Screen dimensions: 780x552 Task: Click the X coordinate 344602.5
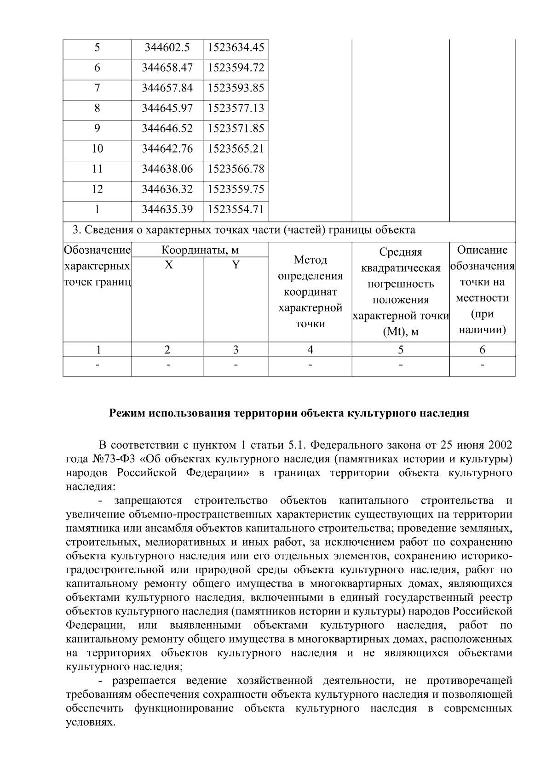[x=167, y=47]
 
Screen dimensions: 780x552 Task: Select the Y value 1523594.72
[x=236, y=68]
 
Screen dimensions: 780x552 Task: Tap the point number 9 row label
[x=97, y=128]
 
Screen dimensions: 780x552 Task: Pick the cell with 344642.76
[x=167, y=148]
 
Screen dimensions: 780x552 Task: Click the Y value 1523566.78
[x=236, y=169]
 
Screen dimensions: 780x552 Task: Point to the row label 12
[x=97, y=189]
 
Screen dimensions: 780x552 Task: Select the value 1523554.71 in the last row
[x=236, y=209]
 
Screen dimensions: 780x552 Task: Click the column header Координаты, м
[x=200, y=250]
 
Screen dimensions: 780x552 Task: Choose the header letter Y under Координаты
[x=236, y=265]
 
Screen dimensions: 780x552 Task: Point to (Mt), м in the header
[x=400, y=331]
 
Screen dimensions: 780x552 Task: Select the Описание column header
[x=482, y=250]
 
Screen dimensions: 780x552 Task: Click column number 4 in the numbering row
[x=310, y=350]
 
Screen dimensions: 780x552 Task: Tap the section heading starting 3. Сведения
[x=244, y=230]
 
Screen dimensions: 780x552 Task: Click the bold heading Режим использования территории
[x=289, y=413]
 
